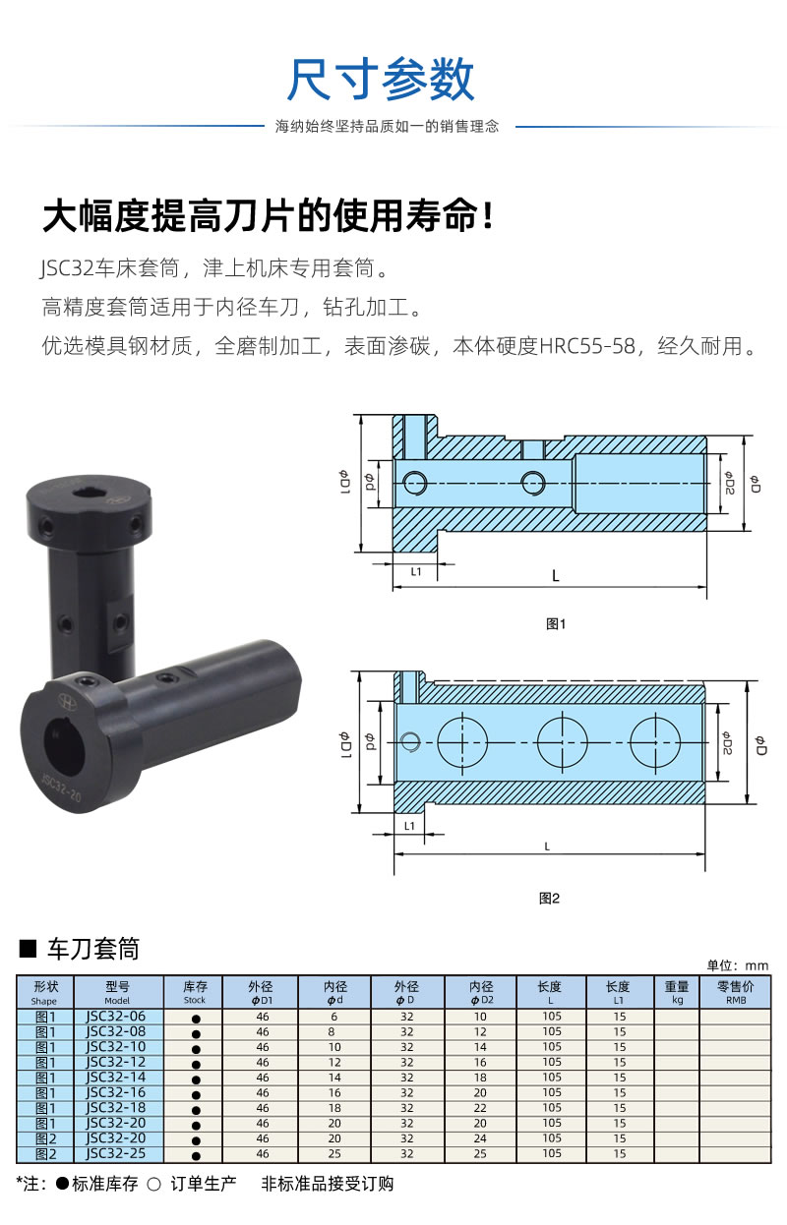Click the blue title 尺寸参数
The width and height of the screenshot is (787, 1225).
381,80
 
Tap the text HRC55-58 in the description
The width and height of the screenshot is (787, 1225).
587,346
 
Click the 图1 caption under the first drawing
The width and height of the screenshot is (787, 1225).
556,623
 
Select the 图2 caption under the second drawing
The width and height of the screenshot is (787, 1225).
549,898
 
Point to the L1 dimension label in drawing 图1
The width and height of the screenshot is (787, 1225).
416,571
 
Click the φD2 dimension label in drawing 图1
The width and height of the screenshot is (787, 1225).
728,483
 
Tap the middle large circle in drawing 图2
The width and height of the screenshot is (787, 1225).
562,742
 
